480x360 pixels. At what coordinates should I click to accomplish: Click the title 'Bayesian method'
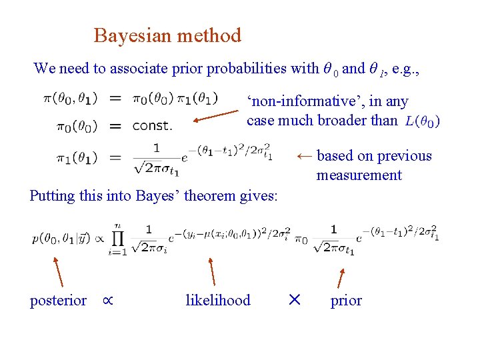[167, 35]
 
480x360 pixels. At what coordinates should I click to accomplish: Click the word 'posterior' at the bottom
[58, 301]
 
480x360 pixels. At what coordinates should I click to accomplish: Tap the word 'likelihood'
[218, 301]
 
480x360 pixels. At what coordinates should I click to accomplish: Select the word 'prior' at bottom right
[346, 301]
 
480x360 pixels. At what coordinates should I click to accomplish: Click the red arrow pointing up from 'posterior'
[58, 273]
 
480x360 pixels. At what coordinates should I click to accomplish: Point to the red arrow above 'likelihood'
[212, 272]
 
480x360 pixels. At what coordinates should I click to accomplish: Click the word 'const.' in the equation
[152, 125]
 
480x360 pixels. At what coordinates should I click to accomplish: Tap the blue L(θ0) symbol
[422, 121]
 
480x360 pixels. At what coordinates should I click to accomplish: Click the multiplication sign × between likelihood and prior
[294, 301]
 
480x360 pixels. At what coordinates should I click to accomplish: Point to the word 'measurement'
[359, 175]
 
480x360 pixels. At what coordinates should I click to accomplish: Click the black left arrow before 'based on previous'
[304, 156]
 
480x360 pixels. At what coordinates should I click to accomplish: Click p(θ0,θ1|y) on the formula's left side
[64, 238]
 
